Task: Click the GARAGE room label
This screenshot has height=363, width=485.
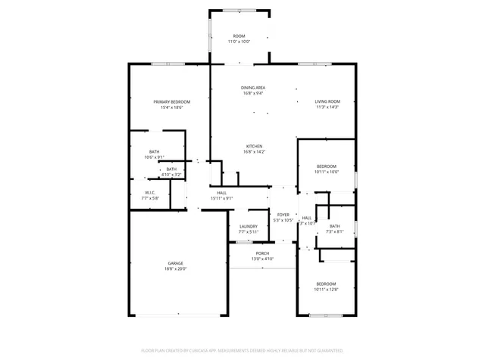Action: point(176,262)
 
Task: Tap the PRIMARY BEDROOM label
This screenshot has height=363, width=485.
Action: point(172,101)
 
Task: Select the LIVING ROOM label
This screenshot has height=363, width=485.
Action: point(327,101)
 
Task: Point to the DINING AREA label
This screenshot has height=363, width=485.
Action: point(253,88)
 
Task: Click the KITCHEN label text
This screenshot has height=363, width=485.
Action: point(254,146)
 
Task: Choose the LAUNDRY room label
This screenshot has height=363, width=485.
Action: point(249,226)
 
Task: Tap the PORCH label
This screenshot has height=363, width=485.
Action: point(262,253)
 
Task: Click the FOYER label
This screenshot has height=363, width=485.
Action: point(283,215)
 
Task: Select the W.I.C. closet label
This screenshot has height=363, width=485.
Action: point(151,192)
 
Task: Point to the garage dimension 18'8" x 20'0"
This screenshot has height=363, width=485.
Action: point(176,268)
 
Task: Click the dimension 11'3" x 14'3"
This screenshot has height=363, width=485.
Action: point(327,107)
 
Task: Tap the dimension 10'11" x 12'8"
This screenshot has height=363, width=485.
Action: point(326,290)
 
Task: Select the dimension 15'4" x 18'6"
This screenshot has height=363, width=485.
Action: point(172,107)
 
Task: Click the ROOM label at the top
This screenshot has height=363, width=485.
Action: point(239,36)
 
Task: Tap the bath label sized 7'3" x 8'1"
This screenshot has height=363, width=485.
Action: point(335,226)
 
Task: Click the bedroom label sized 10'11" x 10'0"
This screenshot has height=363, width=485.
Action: point(326,166)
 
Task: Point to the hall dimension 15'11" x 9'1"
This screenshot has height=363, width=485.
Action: point(222,198)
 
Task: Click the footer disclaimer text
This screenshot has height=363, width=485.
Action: point(242,351)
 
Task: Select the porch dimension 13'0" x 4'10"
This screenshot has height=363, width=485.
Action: point(262,259)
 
